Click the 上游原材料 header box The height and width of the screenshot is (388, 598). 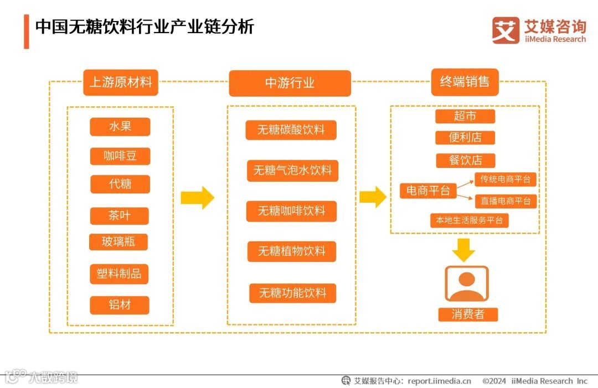coord(120,82)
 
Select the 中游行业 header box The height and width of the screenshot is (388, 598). coord(290,83)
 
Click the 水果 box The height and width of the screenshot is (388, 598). coord(120,126)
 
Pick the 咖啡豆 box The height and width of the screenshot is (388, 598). coord(120,156)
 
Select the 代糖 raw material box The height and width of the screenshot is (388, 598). coord(120,183)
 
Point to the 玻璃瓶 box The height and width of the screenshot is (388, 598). coord(118,242)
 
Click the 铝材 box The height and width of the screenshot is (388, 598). coord(120,305)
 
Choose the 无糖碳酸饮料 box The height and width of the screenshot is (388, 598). coord(291,130)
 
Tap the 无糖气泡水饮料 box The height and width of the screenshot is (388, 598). coord(292,170)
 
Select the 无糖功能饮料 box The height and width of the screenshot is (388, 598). coord(292,293)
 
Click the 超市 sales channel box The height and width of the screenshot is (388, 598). coord(465,116)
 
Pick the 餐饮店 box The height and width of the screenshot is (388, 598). coord(465,160)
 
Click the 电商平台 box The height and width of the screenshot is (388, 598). coord(428,191)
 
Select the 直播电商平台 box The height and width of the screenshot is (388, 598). coord(506,201)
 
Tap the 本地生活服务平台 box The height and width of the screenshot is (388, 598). coord(470,220)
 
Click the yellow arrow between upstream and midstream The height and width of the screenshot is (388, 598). coord(198,198)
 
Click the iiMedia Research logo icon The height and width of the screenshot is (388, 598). coord(506,30)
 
